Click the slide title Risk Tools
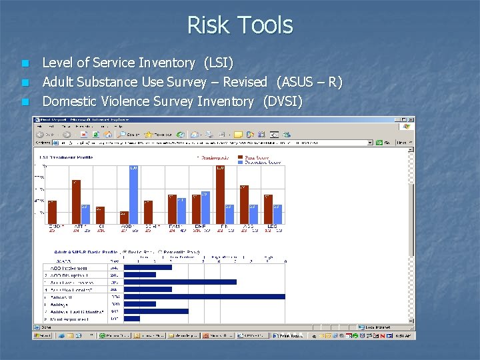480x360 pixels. pos(240,25)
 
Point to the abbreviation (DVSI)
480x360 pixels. pos(283,102)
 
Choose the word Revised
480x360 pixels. pos(245,83)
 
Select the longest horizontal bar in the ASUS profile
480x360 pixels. pos(204,297)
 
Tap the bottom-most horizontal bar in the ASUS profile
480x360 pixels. pos(132,319)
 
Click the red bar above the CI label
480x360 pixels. pos(100,215)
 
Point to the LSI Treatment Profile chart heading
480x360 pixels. pos(66,157)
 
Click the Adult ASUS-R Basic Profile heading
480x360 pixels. pos(84,252)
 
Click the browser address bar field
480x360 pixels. pos(213,142)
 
